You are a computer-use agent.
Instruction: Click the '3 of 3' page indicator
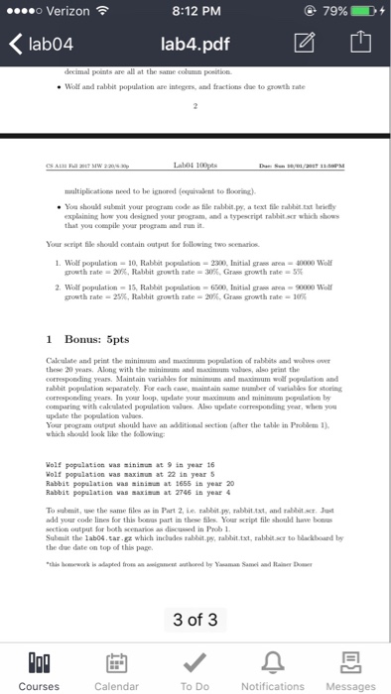pos(195,593)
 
